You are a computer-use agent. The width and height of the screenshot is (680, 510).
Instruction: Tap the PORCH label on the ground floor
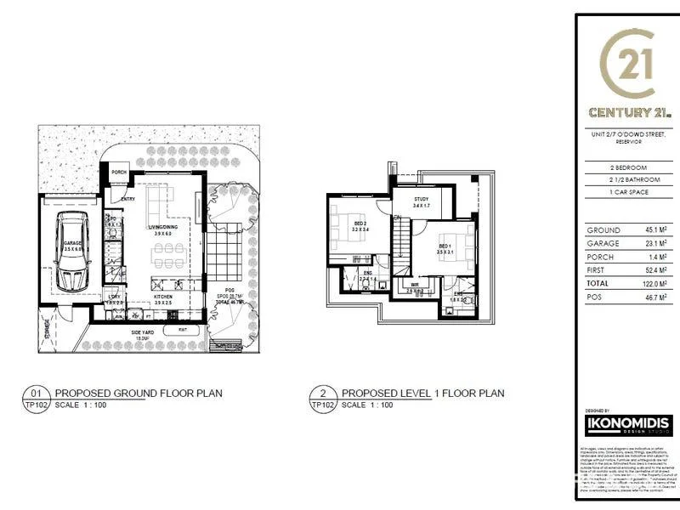pyautogui.click(x=118, y=171)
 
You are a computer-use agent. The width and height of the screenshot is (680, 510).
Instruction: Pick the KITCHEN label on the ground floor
pyautogui.click(x=164, y=297)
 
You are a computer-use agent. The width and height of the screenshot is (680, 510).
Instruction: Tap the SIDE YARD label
pyautogui.click(x=140, y=332)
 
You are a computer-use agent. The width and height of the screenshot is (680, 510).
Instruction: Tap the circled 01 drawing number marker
pyautogui.click(x=36, y=393)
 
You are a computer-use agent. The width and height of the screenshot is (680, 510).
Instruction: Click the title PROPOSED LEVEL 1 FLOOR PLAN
pyautogui.click(x=422, y=393)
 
